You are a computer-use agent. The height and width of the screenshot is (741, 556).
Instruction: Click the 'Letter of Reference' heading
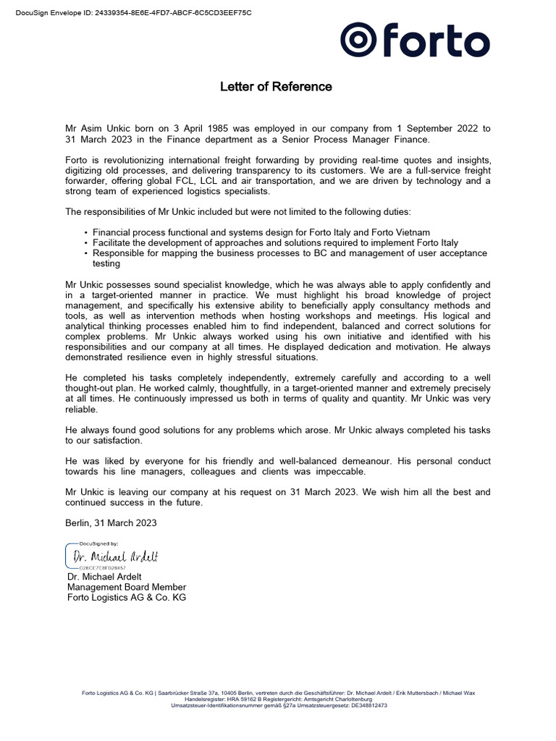click(x=276, y=87)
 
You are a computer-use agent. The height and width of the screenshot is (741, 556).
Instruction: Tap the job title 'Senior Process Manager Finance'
click(x=361, y=140)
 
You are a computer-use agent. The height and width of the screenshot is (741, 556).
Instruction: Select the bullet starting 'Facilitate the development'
click(x=275, y=243)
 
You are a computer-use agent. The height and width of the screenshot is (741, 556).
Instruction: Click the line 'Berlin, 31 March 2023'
click(x=111, y=522)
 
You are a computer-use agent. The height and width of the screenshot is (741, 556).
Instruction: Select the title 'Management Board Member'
click(x=127, y=587)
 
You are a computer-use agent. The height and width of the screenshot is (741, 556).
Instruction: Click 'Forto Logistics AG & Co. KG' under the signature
click(x=127, y=598)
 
